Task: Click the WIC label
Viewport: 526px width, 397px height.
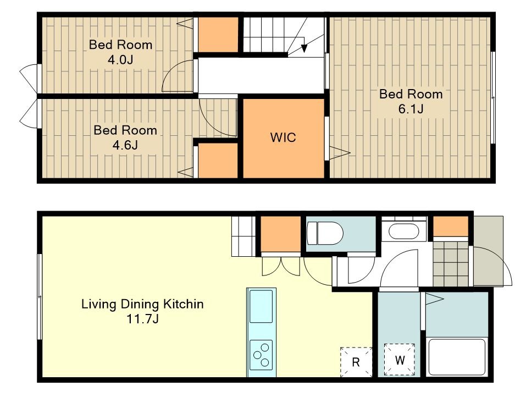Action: (283, 137)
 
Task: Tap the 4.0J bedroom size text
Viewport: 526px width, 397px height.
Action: (120, 60)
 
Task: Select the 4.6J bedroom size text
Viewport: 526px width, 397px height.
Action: (125, 145)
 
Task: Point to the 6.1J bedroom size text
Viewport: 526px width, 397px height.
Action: (411, 109)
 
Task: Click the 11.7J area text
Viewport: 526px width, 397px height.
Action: (142, 319)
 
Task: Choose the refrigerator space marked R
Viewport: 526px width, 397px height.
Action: (356, 362)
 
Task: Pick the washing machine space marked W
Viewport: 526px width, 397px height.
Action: (400, 360)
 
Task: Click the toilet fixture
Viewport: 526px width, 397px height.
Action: (325, 233)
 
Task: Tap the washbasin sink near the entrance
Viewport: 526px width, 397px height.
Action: (404, 231)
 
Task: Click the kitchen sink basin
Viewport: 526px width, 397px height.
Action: (261, 306)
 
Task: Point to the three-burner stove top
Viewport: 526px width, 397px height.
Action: (261, 355)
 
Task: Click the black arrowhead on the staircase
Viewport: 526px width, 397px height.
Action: (304, 48)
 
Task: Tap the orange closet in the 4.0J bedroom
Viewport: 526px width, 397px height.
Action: (218, 35)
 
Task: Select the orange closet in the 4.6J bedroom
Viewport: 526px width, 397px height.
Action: (218, 161)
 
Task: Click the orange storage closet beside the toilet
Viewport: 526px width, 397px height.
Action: (281, 234)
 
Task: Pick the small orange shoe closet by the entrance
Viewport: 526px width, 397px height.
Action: (451, 227)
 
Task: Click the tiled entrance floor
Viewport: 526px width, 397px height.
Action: (451, 264)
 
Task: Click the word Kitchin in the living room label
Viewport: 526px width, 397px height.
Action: (183, 304)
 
